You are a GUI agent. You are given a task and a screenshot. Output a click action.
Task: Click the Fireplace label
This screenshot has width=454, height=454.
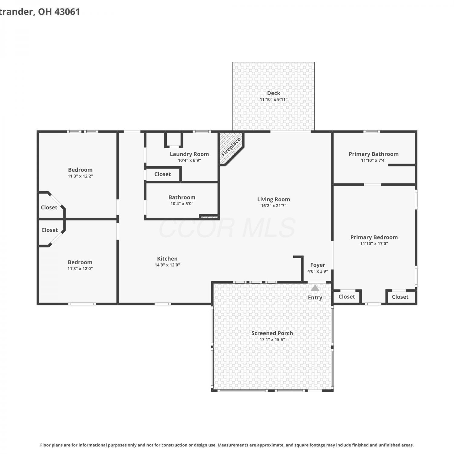click(x=231, y=147)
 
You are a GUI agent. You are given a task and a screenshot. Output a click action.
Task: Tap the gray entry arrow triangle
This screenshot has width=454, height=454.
click(x=315, y=288)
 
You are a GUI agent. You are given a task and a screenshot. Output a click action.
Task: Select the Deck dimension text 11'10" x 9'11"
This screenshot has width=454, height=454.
click(x=274, y=100)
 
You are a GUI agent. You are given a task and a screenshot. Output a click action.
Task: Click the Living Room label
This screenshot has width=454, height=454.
click(x=274, y=199)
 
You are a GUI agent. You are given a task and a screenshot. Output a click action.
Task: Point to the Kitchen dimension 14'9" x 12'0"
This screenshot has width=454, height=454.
click(x=167, y=265)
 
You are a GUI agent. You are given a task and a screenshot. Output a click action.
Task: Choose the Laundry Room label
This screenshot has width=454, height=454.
click(x=189, y=154)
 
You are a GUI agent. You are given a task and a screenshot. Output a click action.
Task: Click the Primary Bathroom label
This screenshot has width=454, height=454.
click(x=373, y=154)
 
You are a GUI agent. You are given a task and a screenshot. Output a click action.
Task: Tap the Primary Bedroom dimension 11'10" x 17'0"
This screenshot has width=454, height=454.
click(x=374, y=244)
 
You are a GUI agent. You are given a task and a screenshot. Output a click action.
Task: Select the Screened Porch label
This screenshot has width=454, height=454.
click(x=272, y=333)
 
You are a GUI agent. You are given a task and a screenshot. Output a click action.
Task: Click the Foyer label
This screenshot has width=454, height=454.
click(x=317, y=265)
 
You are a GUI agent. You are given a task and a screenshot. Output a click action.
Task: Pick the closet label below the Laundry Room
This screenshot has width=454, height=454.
click(x=163, y=174)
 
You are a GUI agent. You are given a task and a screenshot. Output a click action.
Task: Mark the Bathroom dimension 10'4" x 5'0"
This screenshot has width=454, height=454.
click(x=182, y=204)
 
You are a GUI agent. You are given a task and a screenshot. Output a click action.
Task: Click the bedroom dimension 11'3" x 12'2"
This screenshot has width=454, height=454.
click(x=80, y=176)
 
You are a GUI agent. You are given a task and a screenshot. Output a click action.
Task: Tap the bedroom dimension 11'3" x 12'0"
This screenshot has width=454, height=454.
click(x=80, y=268)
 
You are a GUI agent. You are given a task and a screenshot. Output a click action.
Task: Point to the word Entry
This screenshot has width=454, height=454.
click(x=315, y=298)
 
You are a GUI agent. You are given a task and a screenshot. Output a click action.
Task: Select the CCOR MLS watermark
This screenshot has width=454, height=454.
click(x=227, y=228)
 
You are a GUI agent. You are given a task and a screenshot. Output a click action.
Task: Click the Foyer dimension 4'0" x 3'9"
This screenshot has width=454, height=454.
click(x=317, y=271)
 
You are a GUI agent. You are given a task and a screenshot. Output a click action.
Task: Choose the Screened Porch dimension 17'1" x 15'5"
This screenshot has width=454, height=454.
click(x=272, y=340)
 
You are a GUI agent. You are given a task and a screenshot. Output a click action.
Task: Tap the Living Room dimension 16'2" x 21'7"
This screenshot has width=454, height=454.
click(x=274, y=206)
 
